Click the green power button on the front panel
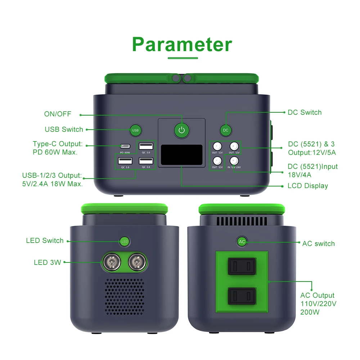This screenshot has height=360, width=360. click(182, 130)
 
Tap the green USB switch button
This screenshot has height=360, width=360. click(135, 130)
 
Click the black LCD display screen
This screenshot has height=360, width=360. click(181, 155)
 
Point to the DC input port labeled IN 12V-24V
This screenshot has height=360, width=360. click(234, 160)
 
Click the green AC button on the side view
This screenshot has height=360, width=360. click(242, 242)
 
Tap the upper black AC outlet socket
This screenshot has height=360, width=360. click(242, 266)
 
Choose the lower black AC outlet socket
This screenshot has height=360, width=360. click(242, 296)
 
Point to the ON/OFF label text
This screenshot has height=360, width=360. click(58, 114)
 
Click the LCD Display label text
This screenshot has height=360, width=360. click(308, 186)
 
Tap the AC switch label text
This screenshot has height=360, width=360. click(318, 244)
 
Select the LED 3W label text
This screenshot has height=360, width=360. click(48, 262)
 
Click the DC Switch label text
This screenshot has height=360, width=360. click(305, 112)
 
